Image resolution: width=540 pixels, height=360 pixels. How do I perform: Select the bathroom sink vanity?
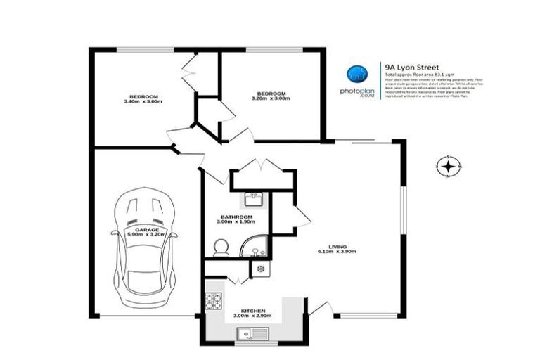pyautogui.click(x=254, y=200)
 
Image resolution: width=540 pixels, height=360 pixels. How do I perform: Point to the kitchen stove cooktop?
pyautogui.click(x=213, y=301)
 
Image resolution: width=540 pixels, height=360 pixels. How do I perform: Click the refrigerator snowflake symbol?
pyautogui.click(x=260, y=269)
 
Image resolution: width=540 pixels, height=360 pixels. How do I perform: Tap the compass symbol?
pyautogui.click(x=448, y=167)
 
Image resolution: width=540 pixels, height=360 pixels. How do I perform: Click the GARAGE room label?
pyautogui.click(x=147, y=230)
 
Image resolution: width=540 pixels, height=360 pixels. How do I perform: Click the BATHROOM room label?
pyautogui.click(x=236, y=217)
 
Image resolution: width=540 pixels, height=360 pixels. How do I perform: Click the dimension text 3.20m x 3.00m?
pyautogui.click(x=271, y=100)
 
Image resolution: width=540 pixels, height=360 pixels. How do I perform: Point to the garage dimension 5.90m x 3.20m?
pyautogui.click(x=147, y=235)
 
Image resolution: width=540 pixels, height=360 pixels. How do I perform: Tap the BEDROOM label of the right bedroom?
pyautogui.click(x=271, y=94)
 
